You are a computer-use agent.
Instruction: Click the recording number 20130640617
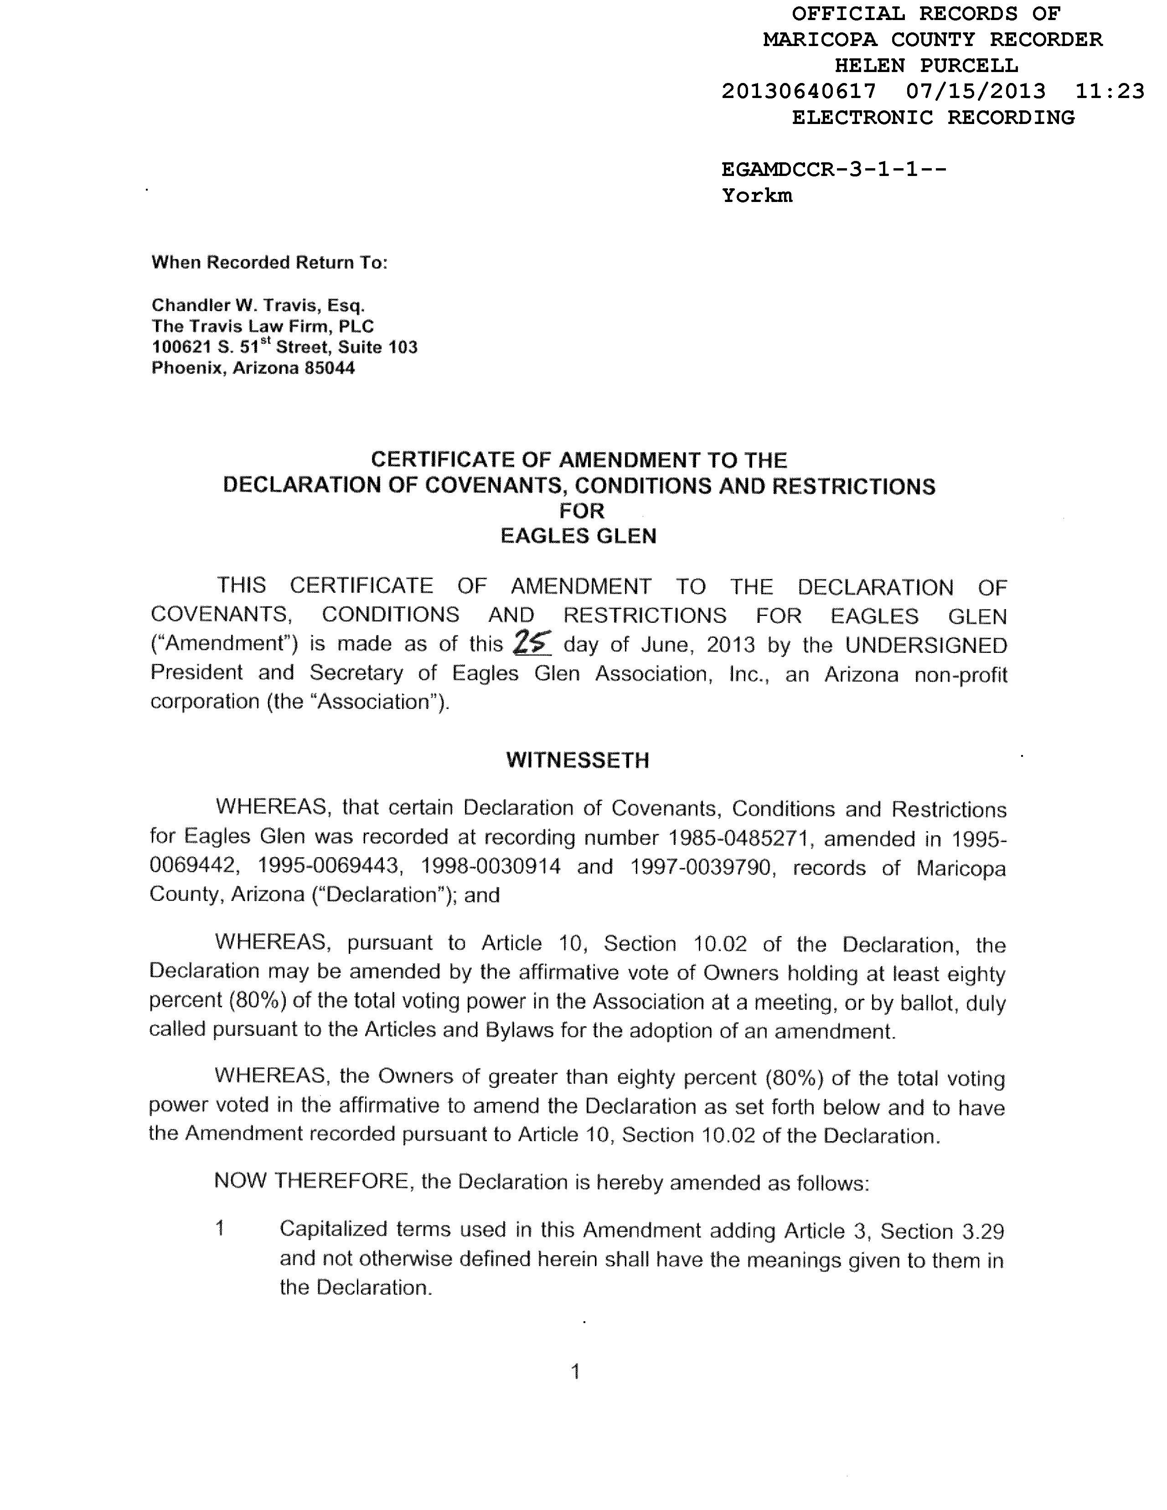point(799,91)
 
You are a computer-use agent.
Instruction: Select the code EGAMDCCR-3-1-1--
point(834,170)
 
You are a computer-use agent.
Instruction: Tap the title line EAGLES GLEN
point(578,537)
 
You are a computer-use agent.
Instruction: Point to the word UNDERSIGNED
point(926,645)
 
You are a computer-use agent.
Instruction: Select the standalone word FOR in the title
point(581,511)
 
